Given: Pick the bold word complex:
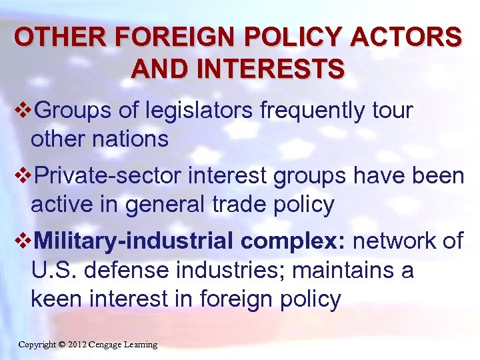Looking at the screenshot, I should point(293,241).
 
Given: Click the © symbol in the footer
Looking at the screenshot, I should point(61,345).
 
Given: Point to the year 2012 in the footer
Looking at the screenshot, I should point(77,345).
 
